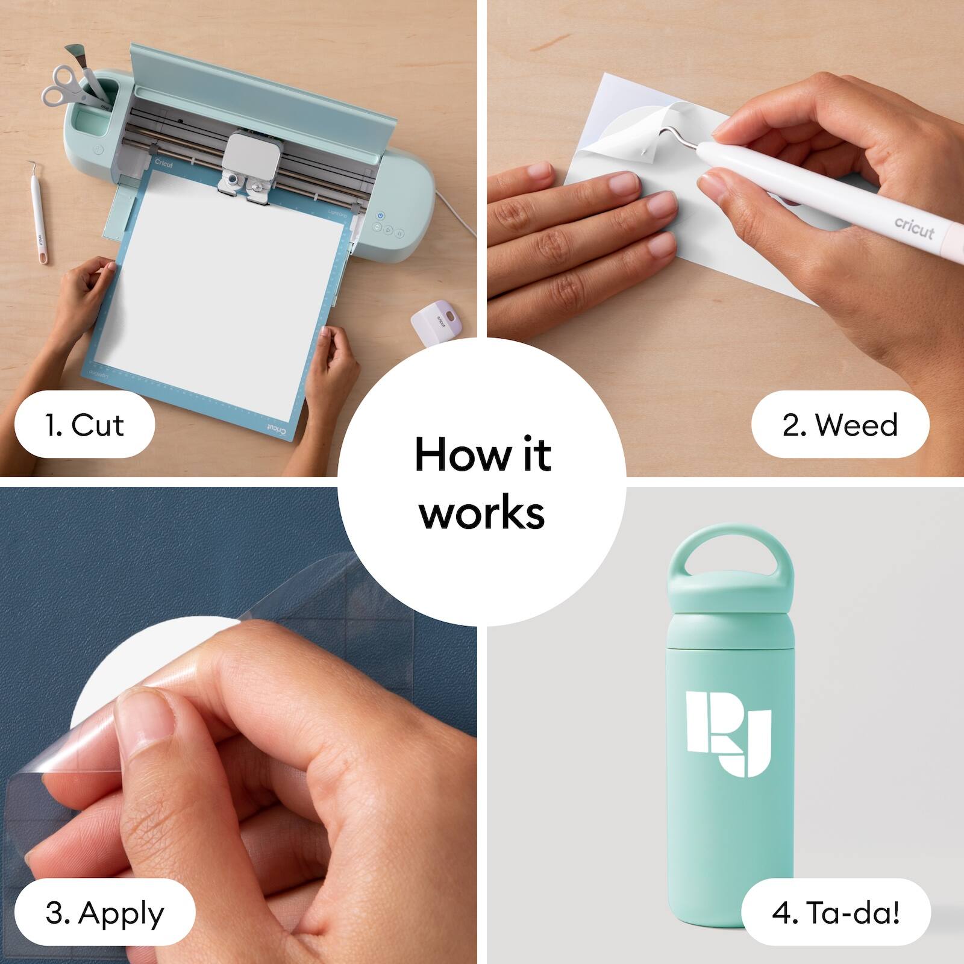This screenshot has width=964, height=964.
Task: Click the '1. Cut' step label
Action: click(x=84, y=425)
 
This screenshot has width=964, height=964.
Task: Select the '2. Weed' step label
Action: click(x=840, y=425)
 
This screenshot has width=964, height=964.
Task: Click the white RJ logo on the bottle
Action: click(x=728, y=733)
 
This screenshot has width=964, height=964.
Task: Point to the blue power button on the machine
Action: click(x=380, y=215)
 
